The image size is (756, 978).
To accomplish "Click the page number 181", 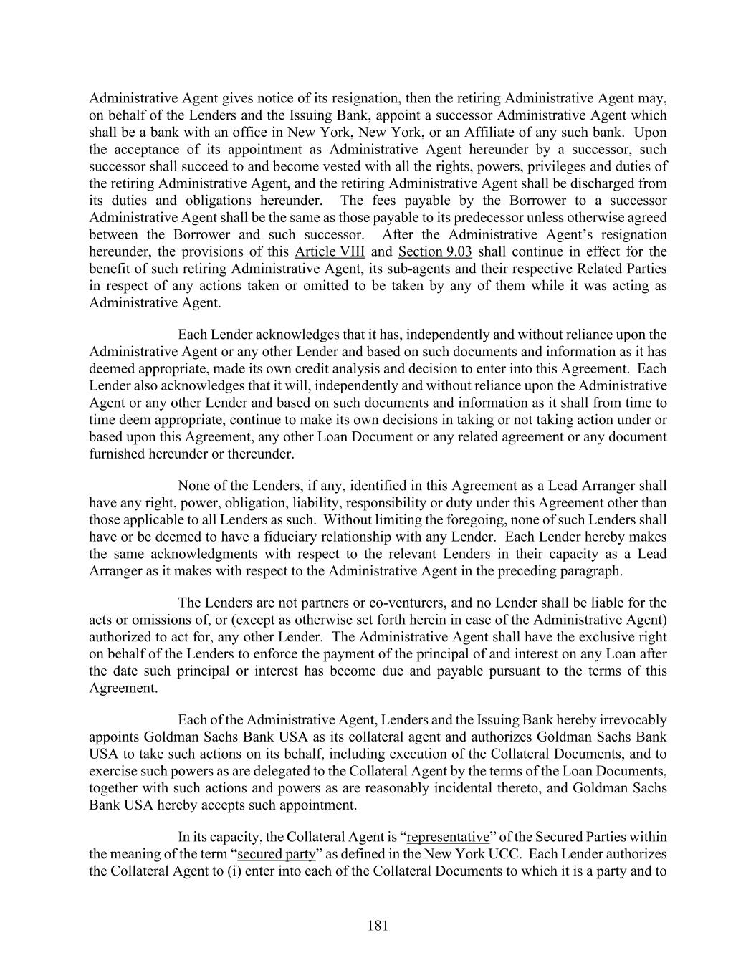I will [x=378, y=926].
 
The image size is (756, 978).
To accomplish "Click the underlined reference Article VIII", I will [x=330, y=251].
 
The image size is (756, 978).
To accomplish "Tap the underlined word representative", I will [x=448, y=837].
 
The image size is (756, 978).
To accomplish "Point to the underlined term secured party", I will [x=276, y=854].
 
